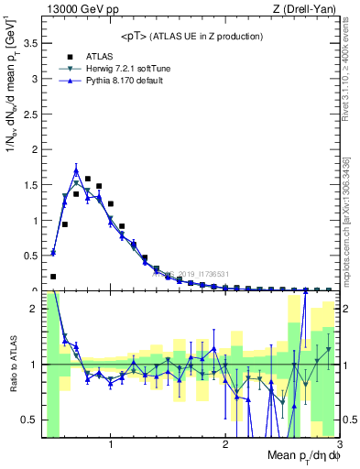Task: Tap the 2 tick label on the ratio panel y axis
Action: click(33, 309)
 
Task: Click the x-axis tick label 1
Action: click(111, 445)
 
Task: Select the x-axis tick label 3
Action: click(338, 445)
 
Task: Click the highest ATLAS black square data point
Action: click(87, 179)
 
